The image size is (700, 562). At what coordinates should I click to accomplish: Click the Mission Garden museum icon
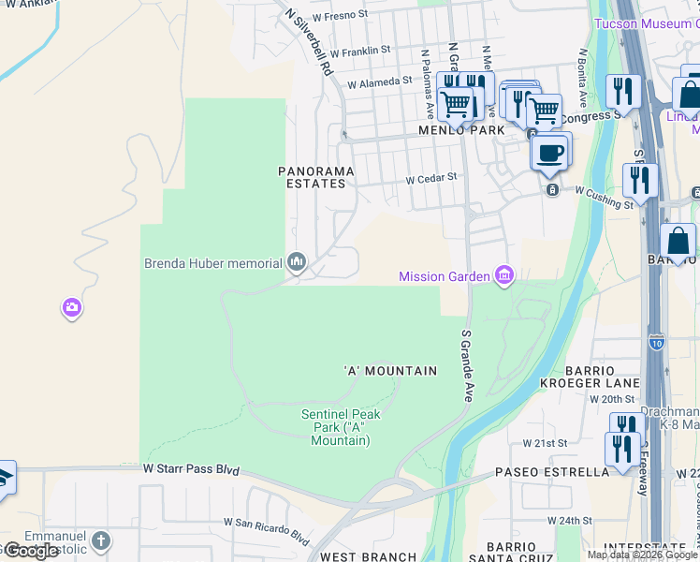coord(504,274)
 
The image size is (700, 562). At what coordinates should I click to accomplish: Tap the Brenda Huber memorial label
coord(212,263)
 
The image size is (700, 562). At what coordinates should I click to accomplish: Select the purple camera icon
coord(73,307)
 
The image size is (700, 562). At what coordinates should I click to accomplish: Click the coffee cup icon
coord(549,152)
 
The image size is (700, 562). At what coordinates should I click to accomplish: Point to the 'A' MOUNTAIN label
coord(390,371)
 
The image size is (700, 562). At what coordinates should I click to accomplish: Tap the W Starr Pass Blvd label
coord(191,468)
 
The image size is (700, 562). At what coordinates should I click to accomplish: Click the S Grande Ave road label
coord(466,365)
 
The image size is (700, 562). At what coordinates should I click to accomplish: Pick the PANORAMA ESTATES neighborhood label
coord(317,177)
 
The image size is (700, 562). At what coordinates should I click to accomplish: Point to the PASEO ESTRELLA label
coord(552,472)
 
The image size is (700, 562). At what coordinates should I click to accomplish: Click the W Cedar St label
coord(430,176)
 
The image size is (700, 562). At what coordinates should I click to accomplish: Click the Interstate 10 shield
coord(657,344)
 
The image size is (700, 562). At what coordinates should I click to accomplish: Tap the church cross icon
coord(101,540)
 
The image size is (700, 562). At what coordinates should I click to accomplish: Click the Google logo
coord(30,551)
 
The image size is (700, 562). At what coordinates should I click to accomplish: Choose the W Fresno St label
coord(342,17)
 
